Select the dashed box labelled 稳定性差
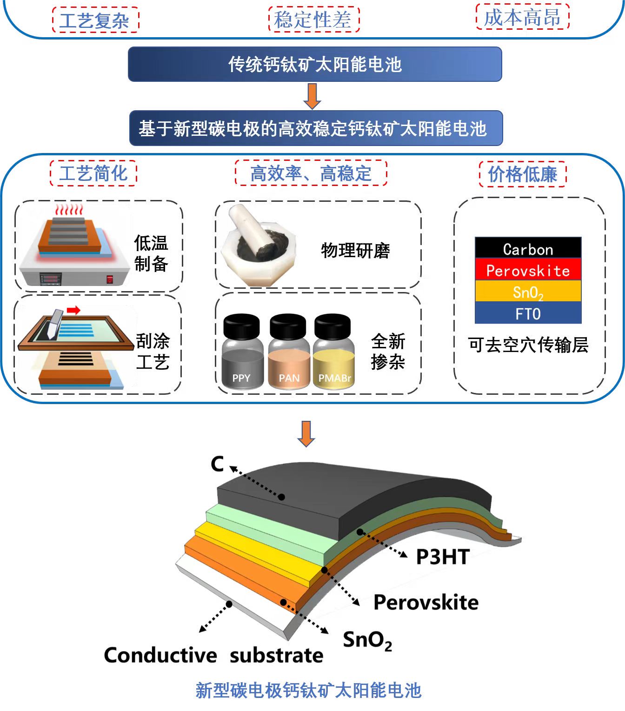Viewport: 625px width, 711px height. [x=314, y=20]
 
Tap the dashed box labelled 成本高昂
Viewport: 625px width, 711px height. [x=522, y=18]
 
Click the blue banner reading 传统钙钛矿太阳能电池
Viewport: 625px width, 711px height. [x=315, y=64]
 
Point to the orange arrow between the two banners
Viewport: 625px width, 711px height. [x=312, y=96]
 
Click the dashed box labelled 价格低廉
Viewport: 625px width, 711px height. [x=522, y=174]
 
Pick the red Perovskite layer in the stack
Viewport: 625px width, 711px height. [x=528, y=270]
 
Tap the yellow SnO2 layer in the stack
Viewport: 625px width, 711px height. [x=528, y=292]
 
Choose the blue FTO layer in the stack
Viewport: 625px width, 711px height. [x=528, y=313]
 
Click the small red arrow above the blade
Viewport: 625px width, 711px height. [x=73, y=310]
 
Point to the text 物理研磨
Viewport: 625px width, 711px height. [x=356, y=251]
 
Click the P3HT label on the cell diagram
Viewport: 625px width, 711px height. [x=443, y=557]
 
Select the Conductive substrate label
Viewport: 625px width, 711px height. [x=213, y=655]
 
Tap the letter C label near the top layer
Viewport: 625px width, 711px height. [x=217, y=464]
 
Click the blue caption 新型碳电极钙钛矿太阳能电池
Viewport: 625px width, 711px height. [x=308, y=690]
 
